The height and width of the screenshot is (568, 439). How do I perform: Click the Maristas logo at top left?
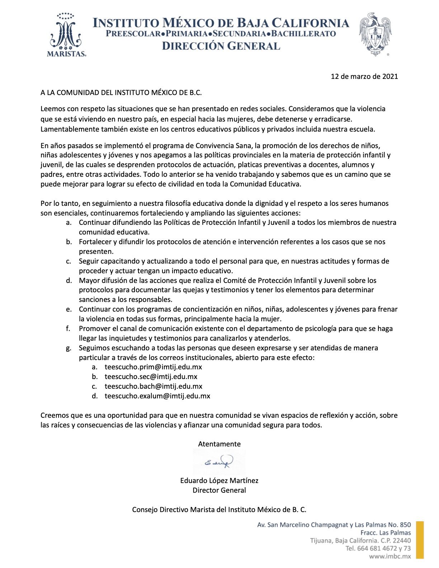coord(67,34)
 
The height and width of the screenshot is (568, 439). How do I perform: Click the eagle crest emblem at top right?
coord(376,34)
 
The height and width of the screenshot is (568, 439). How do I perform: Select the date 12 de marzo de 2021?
coord(364,76)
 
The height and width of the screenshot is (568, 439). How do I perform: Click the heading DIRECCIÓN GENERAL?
coord(221,46)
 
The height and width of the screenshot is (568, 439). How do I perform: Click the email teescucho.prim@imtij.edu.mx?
coord(153,367)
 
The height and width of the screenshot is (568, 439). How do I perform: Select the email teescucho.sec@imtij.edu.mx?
coord(151,377)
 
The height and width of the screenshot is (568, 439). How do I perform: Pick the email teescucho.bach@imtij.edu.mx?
coord(153,386)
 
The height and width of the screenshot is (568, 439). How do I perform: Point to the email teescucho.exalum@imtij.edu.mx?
coord(157,396)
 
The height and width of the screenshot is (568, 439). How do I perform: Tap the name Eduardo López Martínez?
coord(219,481)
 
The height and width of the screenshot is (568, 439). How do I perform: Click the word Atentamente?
coord(219,444)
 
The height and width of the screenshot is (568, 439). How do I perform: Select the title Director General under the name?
coord(219,490)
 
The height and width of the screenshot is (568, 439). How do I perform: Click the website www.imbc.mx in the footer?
coord(390,557)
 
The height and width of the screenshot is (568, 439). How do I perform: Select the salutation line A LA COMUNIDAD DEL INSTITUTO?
coord(121,92)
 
